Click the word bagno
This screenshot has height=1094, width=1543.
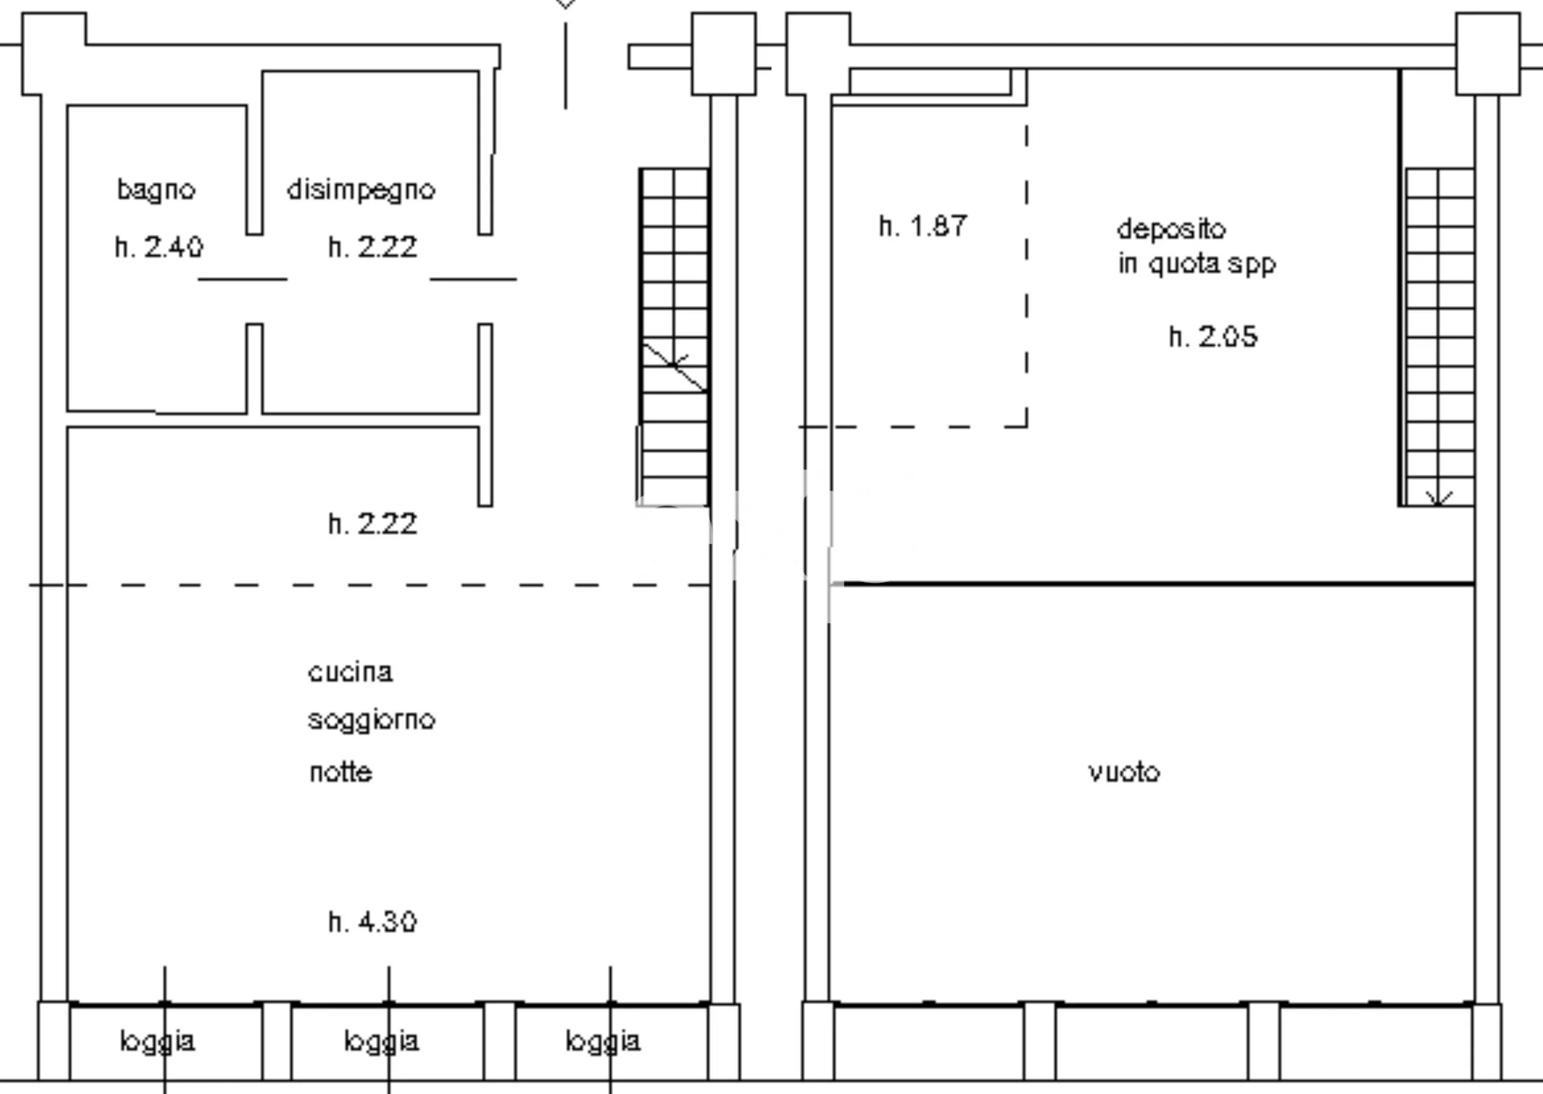pyautogui.click(x=156, y=190)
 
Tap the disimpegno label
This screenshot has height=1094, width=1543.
pyautogui.click(x=361, y=190)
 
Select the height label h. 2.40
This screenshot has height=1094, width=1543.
pyautogui.click(x=159, y=247)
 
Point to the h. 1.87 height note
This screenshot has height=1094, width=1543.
pyautogui.click(x=923, y=226)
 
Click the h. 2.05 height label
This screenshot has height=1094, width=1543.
pyautogui.click(x=1213, y=336)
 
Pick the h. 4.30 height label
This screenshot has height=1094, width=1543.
pyautogui.click(x=372, y=922)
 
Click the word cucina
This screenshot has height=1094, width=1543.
pyautogui.click(x=351, y=673)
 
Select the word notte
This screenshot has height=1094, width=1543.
pyautogui.click(x=340, y=772)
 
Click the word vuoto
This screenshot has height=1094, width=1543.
pyautogui.click(x=1124, y=772)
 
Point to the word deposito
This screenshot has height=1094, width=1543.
pyautogui.click(x=1171, y=230)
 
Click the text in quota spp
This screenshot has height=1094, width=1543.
pyautogui.click(x=1197, y=264)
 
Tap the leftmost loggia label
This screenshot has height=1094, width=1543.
pyautogui.click(x=158, y=1041)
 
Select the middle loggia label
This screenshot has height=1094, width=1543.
pyautogui.click(x=382, y=1041)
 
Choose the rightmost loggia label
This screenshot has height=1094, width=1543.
pyautogui.click(x=603, y=1041)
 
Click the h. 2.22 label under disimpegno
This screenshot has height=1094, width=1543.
pyautogui.click(x=372, y=247)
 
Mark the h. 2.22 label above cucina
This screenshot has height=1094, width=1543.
pyautogui.click(x=372, y=523)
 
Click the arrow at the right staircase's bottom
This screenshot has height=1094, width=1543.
pyautogui.click(x=1439, y=498)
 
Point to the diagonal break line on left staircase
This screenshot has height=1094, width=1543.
pyautogui.click(x=674, y=367)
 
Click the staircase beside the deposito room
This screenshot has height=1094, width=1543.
pyautogui.click(x=1439, y=337)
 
